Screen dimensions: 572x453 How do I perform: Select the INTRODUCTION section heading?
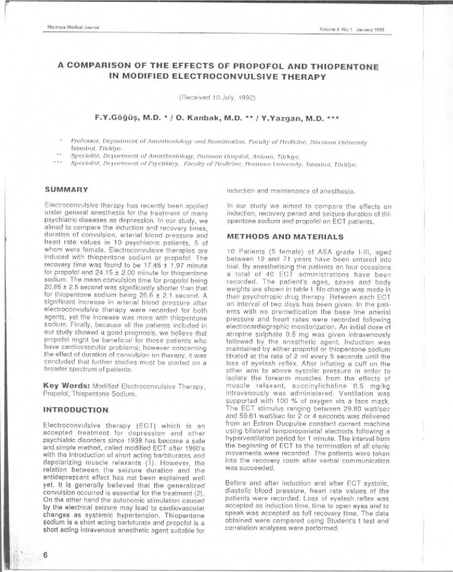coord(75,409)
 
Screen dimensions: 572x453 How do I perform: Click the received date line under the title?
coord(217,97)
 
